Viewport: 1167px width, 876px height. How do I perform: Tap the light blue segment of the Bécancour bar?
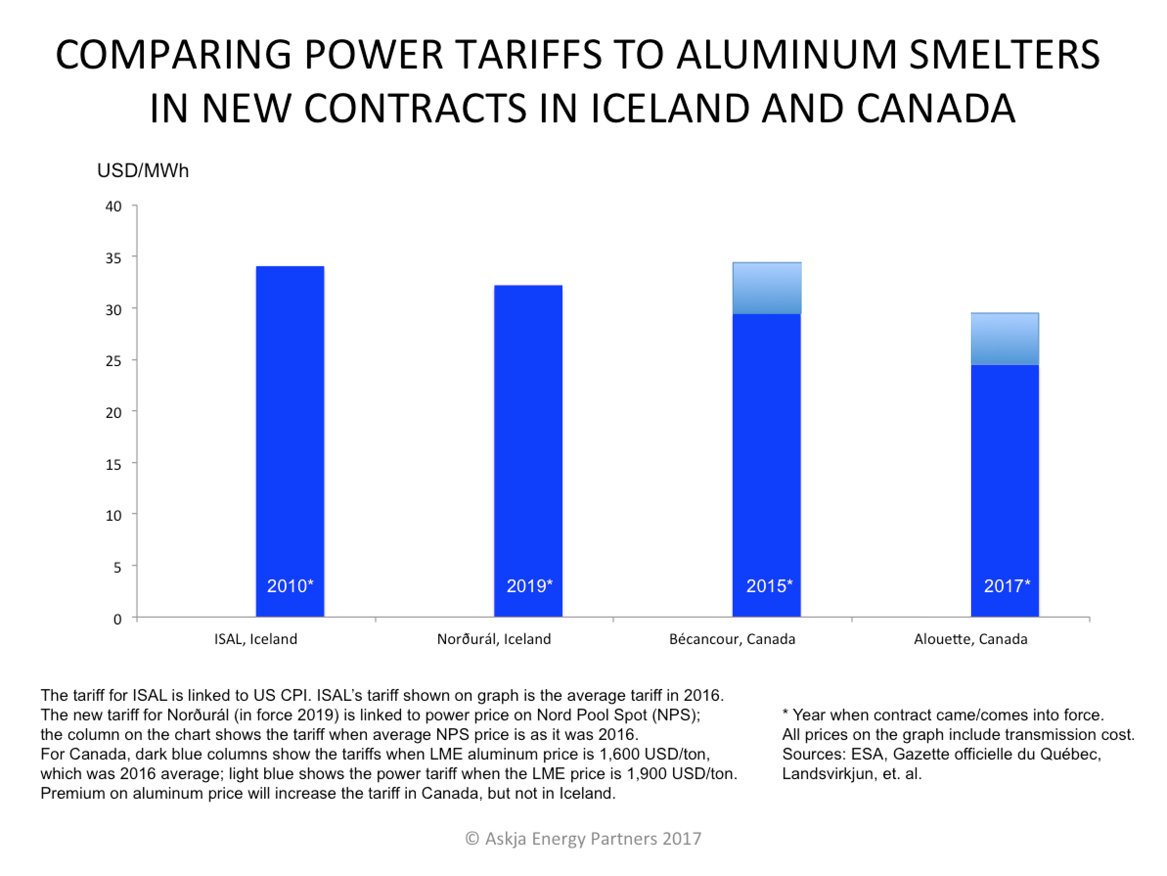tap(766, 288)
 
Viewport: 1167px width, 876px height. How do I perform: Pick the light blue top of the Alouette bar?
tap(1005, 339)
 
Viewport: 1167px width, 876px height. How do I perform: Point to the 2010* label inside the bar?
tap(290, 586)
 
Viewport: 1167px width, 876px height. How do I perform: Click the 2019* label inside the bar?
tap(529, 586)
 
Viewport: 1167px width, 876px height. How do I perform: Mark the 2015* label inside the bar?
tap(769, 586)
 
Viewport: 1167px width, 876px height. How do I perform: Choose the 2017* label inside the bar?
tap(1007, 586)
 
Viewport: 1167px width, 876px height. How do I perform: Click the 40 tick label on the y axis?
tap(113, 207)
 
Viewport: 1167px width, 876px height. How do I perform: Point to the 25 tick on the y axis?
tap(113, 361)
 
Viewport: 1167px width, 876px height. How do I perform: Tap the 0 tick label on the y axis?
tap(117, 619)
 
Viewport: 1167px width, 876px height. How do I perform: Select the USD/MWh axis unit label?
tap(142, 171)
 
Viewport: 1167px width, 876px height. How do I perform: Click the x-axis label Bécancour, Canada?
tap(732, 639)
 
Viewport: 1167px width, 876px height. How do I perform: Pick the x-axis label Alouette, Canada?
tap(970, 639)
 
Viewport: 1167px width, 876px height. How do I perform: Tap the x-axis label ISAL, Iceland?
tap(255, 639)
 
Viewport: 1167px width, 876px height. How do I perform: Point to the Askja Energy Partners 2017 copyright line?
tap(583, 838)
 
